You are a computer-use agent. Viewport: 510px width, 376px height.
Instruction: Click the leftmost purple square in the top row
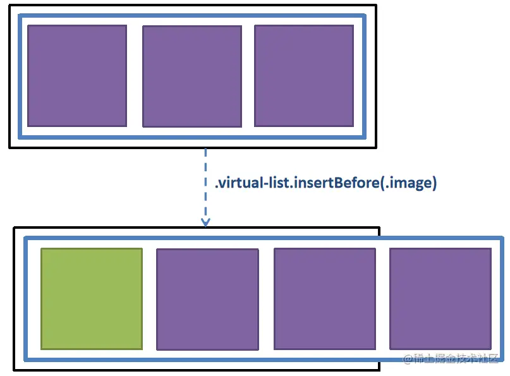coord(77,76)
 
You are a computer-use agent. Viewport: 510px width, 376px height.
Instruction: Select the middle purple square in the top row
coord(192,76)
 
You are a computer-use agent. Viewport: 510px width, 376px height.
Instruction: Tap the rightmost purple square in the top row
coord(304,76)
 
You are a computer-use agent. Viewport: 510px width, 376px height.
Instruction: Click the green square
coord(92,299)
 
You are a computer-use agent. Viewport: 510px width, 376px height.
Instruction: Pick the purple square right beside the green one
coord(207,300)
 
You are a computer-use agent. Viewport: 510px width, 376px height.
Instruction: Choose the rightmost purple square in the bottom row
coord(440,299)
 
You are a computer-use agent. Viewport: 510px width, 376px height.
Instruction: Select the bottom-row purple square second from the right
coord(325,299)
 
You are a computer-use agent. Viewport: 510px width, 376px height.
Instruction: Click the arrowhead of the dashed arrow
coord(205,222)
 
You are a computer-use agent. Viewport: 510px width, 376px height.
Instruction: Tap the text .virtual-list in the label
coord(253,183)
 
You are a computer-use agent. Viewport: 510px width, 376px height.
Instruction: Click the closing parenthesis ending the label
coord(434,183)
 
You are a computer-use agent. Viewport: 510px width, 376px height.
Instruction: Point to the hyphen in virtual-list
coord(266,184)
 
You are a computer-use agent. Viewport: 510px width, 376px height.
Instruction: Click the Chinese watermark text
coord(456,359)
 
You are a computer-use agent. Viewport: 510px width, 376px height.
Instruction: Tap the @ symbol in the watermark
coord(408,359)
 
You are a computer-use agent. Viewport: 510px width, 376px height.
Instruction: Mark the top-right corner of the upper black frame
coord(376,5)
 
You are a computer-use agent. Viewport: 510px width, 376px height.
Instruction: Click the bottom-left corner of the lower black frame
coord(14,370)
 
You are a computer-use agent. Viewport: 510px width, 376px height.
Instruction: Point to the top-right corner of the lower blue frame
coord(502,238)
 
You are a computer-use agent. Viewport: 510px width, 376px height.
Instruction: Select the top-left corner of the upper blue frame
coord(19,15)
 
